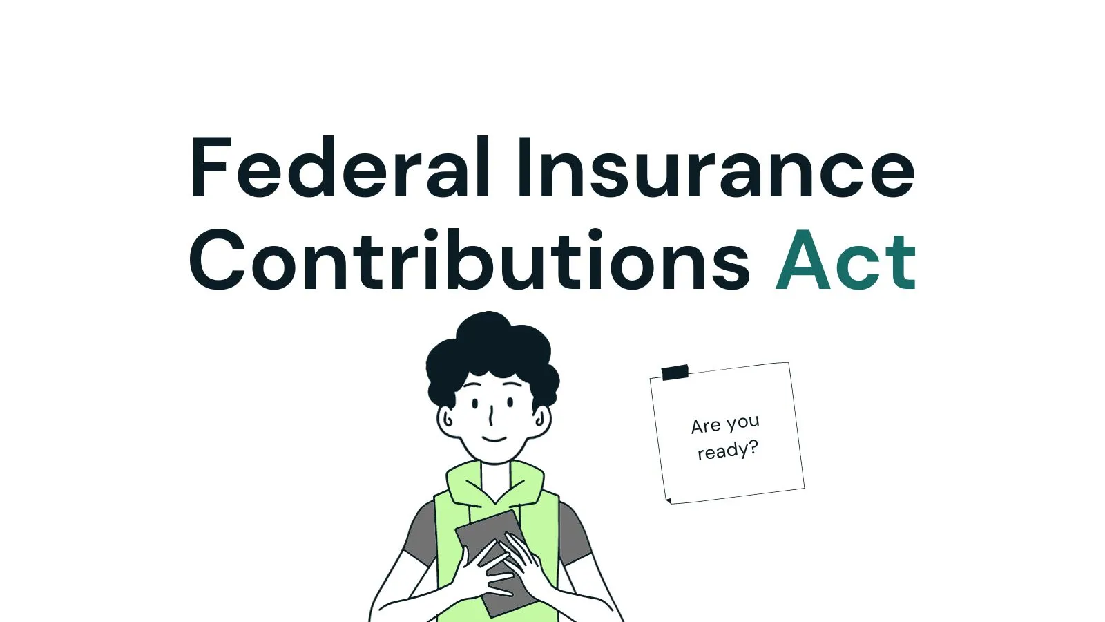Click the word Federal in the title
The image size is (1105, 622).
tap(339, 167)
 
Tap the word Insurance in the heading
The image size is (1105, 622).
tap(715, 167)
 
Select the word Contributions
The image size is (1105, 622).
tap(470, 259)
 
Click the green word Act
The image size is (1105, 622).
tap(845, 260)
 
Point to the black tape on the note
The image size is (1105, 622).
tap(675, 373)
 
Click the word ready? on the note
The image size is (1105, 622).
tap(728, 450)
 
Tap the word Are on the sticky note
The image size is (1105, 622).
tap(705, 426)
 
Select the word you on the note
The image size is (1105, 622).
tap(742, 422)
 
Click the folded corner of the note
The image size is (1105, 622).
tap(669, 500)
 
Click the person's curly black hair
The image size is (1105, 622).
tap(491, 355)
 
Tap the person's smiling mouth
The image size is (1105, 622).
tap(494, 439)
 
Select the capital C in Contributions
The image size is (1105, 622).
tap(217, 260)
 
